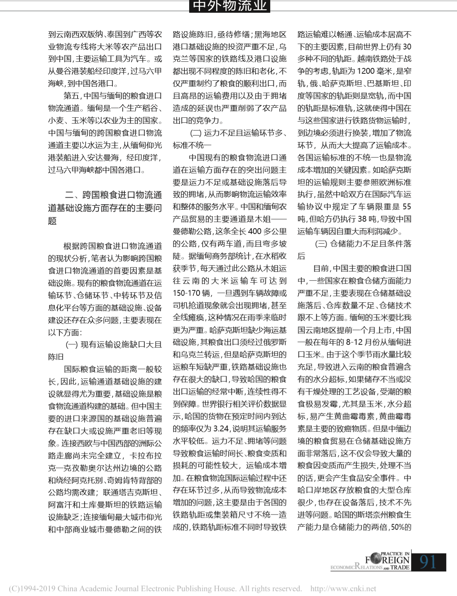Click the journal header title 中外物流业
point(229,6)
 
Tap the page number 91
point(428,562)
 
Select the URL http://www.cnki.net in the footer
point(343,589)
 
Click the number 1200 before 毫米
point(366,71)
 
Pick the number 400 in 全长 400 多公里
point(254,231)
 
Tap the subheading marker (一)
point(72,345)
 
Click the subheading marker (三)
point(321,244)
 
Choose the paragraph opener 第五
point(72,96)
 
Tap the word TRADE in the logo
point(400,567)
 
